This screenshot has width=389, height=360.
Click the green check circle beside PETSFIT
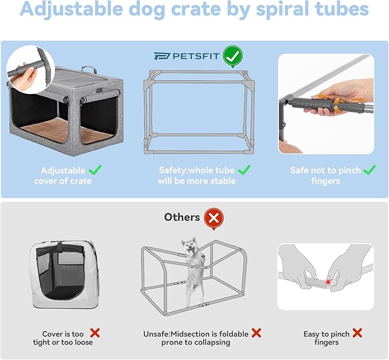(233, 56)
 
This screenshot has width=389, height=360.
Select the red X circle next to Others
(214, 218)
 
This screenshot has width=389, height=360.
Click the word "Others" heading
(182, 217)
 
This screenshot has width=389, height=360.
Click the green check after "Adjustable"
(96, 170)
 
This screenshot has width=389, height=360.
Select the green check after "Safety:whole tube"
(244, 170)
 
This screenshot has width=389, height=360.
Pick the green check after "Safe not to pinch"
(370, 170)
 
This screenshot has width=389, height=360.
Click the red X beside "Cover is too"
(95, 332)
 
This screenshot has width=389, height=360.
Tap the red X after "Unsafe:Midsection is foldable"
(256, 332)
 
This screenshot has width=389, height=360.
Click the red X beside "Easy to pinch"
(357, 332)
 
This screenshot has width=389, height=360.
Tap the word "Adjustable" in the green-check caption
(63, 170)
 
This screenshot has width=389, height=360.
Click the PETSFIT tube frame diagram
(198, 111)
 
